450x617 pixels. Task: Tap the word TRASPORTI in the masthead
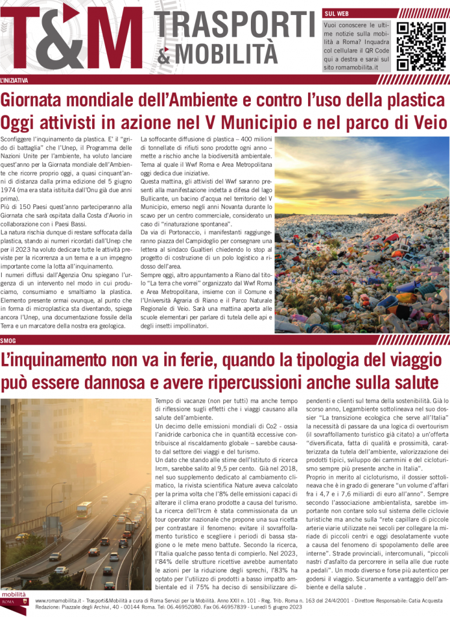(x=235, y=25)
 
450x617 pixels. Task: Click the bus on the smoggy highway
(x=84, y=510)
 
